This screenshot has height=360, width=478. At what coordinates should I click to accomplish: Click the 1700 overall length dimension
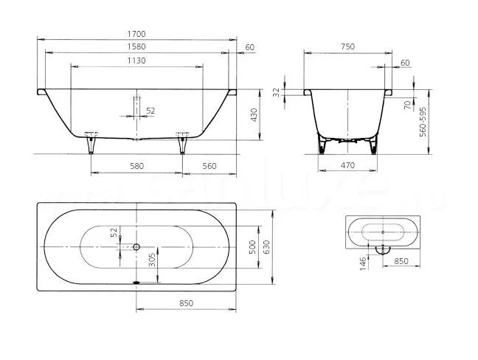[136, 34]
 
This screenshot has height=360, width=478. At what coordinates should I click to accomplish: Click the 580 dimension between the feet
[136, 166]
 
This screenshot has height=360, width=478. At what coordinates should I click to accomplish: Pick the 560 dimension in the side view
[209, 166]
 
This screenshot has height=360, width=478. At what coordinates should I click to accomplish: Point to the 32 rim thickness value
[277, 92]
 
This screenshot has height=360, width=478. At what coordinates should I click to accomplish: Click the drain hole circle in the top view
[136, 246]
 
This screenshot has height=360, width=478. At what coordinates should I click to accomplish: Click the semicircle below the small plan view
[382, 249]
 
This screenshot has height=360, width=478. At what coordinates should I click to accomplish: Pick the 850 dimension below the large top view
[187, 303]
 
